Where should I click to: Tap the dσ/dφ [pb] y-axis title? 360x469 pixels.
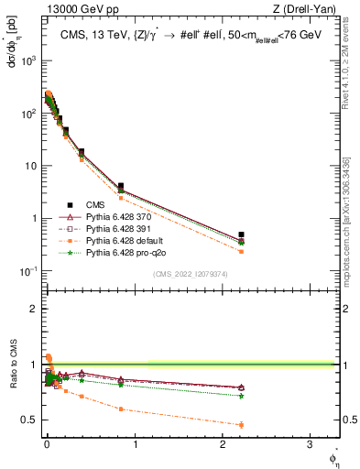pyautogui.click(x=11, y=45)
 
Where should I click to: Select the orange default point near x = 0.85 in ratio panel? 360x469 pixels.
pyautogui.click(x=121, y=409)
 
